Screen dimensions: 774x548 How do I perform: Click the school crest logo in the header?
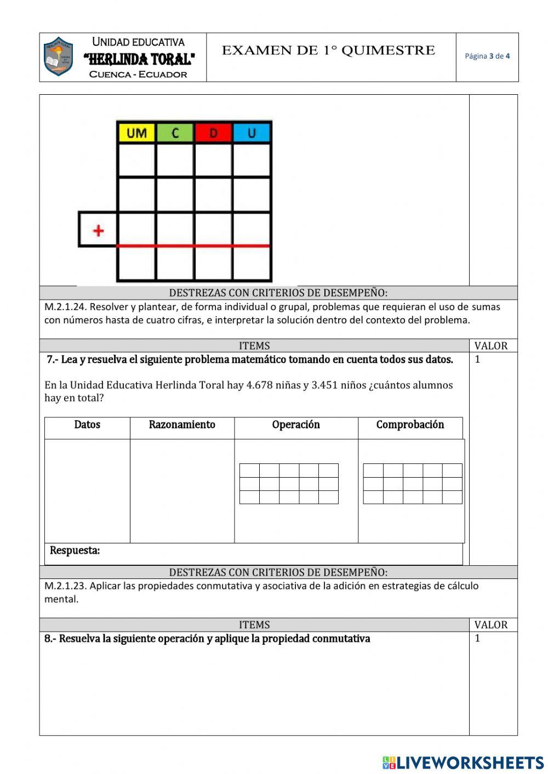tap(58, 57)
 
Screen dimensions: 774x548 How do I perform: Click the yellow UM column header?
tap(136, 133)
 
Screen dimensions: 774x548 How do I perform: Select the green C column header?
tap(175, 133)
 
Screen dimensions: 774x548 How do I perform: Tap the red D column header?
tap(213, 133)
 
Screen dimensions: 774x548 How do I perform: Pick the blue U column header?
tap(252, 133)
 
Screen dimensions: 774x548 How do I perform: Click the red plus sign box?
tap(98, 230)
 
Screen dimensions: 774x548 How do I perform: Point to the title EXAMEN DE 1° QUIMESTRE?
tap(328, 51)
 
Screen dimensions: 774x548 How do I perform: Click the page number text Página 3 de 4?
tap(487, 56)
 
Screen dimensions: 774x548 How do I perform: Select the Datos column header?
tap(87, 425)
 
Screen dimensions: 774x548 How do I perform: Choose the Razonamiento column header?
tap(182, 425)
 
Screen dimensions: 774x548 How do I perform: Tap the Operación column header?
tap(296, 425)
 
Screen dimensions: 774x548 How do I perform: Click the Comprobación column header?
tap(410, 425)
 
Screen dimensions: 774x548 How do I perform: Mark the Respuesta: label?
tap(75, 551)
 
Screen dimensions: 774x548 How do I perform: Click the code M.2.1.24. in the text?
tap(65, 307)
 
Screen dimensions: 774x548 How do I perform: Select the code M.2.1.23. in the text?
tap(65, 586)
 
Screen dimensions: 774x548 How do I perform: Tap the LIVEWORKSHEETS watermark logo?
tap(463, 762)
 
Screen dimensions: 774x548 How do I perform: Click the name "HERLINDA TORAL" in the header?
tap(139, 59)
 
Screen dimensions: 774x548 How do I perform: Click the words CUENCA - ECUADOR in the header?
tap(138, 74)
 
